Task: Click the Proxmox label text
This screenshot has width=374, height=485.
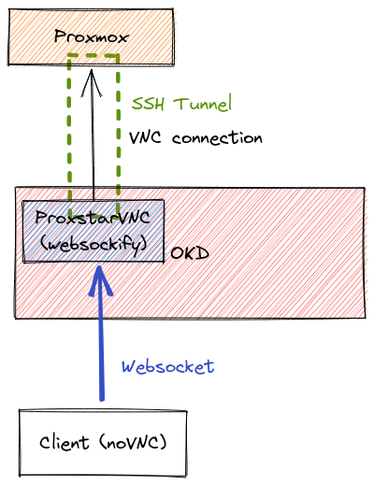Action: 91,36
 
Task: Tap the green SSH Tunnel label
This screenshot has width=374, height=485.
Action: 181,103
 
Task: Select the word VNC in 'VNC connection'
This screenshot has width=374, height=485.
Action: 145,137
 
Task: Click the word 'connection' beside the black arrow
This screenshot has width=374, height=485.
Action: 217,137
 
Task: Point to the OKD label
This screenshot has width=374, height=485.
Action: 190,254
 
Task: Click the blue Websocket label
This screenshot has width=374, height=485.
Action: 168,366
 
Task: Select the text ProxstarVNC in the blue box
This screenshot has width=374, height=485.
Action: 93,217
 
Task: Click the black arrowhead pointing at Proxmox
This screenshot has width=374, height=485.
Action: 92,82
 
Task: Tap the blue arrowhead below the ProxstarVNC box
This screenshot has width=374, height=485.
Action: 100,280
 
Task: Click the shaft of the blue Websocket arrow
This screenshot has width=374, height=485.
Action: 101,334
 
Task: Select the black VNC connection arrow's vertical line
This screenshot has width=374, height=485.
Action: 93,135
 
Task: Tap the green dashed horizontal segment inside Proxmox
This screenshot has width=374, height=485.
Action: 93,55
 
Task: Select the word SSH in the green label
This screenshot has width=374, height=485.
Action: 148,104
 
